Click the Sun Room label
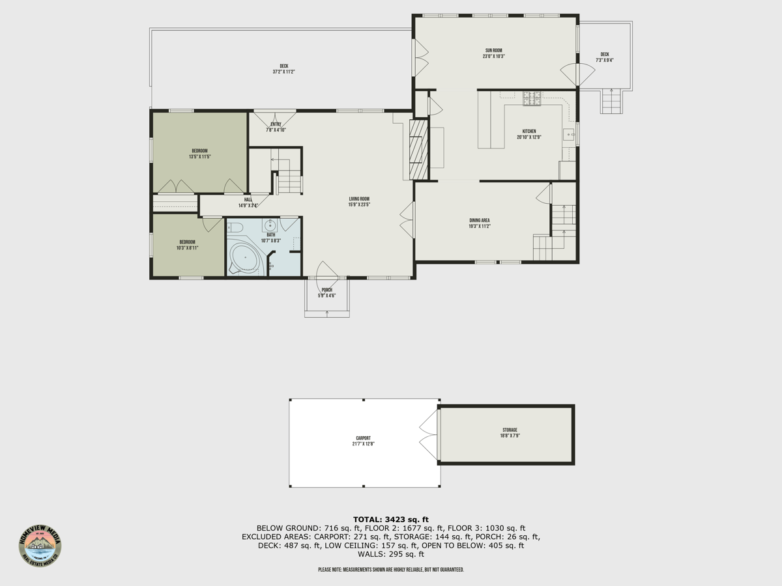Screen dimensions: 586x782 pos(493,53)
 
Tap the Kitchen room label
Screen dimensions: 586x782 pos(529,134)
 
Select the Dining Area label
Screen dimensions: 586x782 pos(479,223)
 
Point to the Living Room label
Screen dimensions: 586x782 pos(359,202)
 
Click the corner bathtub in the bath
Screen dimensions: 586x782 pos(245,260)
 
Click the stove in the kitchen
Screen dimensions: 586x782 pos(532,98)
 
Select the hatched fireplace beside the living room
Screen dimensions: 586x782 pos(418,149)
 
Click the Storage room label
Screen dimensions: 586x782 pos(510,433)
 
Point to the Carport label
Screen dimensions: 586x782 pos(363,441)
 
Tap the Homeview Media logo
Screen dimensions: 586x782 pos(40,546)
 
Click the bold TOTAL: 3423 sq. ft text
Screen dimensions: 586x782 pos(391,519)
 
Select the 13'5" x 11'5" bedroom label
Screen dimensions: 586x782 pos(199,154)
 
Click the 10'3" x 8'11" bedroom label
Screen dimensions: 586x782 pos(187,245)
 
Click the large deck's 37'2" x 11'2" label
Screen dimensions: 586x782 pos(283,68)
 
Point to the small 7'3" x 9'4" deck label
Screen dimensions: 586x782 pos(604,57)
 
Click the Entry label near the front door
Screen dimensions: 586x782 pos(276,127)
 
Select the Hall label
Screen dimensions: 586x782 pos(248,202)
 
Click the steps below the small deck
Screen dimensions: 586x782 pos(611,102)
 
